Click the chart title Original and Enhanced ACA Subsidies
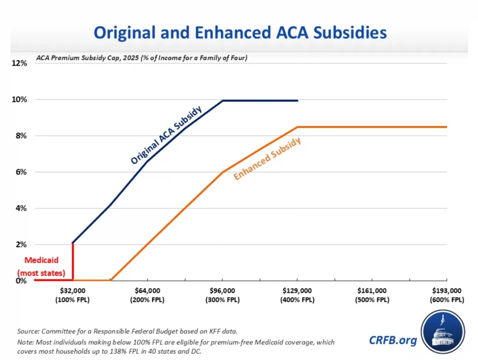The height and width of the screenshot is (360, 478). tap(240, 33)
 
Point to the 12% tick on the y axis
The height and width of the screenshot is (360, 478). tap(19, 64)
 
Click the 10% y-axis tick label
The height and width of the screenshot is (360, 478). tap(19, 99)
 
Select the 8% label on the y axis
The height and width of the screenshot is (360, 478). tap(21, 136)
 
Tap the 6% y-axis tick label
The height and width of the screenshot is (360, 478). tap(21, 172)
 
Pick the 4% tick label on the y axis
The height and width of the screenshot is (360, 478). tap(21, 208)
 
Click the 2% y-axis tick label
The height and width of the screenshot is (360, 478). tap(21, 245)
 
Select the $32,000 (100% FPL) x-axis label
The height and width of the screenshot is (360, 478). tap(72, 295)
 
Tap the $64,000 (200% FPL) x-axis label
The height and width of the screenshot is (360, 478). tap(147, 295)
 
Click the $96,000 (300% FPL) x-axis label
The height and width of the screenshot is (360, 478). tap(222, 295)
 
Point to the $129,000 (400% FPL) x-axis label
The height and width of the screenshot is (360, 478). tap(297, 295)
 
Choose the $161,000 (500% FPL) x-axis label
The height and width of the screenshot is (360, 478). tap(372, 295)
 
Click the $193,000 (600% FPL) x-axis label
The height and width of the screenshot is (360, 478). tap(447, 295)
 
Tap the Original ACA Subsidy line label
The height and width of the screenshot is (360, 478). tap(166, 135)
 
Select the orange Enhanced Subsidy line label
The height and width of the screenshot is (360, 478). tap(267, 159)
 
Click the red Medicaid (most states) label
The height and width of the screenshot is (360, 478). tap(41, 267)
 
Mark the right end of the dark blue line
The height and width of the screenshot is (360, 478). tap(297, 100)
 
